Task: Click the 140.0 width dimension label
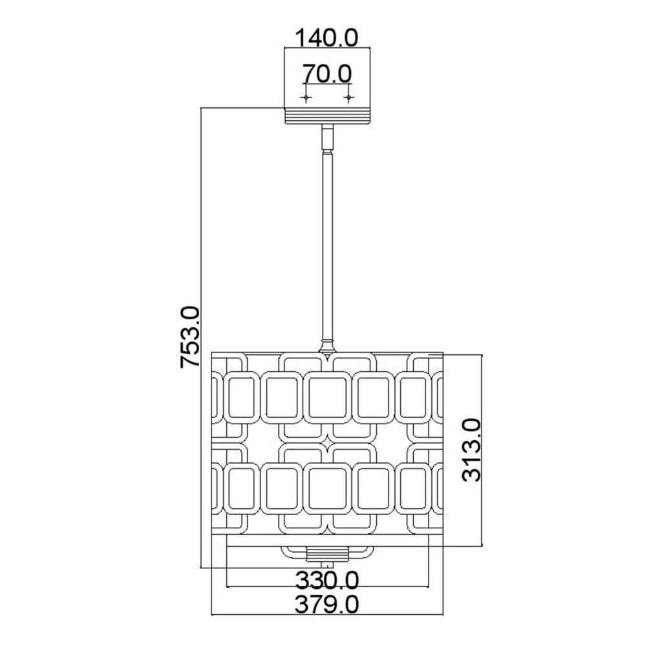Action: (326, 37)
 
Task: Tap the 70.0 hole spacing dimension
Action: (327, 74)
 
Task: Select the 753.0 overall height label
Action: (189, 337)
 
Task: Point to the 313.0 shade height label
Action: (471, 450)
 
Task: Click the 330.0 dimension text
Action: (326, 581)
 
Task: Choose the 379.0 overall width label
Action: (326, 604)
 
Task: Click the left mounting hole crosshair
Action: (306, 98)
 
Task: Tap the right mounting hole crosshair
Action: (348, 98)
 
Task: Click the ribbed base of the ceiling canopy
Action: (327, 116)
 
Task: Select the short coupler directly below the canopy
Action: (327, 138)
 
